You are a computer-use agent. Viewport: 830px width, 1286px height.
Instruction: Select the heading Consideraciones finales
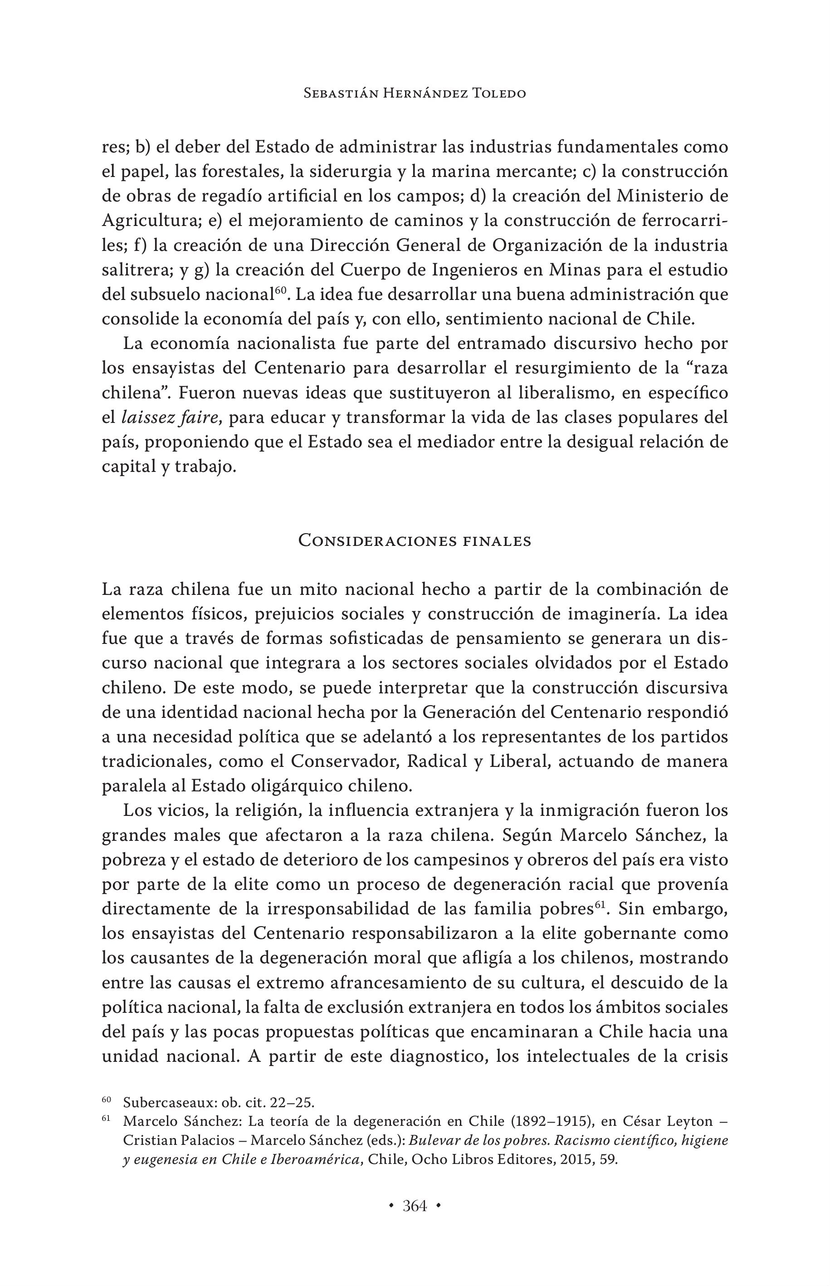(x=415, y=541)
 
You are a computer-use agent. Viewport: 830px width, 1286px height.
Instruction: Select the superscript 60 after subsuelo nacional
(x=280, y=290)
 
